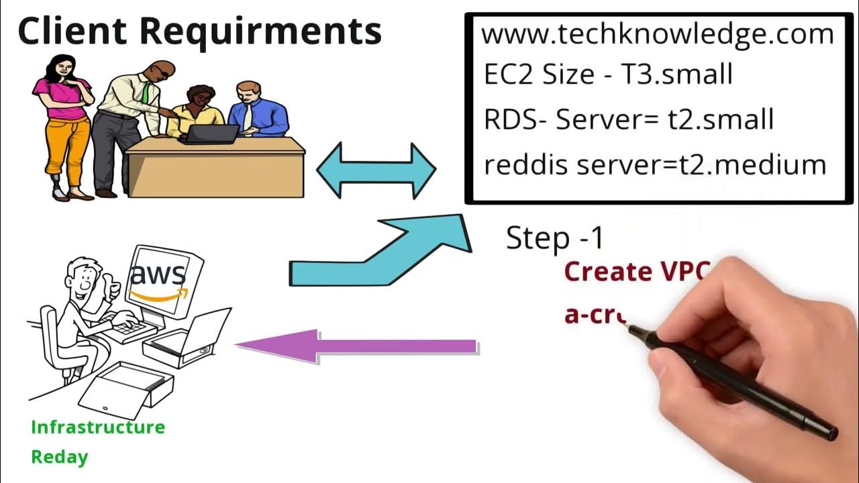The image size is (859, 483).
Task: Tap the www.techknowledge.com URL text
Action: [x=657, y=34]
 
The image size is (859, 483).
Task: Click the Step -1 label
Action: [x=554, y=238]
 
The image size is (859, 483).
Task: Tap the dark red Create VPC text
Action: [x=636, y=271]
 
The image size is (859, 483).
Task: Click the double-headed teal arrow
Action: [x=376, y=170]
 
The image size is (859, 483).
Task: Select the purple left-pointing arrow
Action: [x=356, y=346]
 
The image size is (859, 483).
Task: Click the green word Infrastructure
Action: [x=98, y=427]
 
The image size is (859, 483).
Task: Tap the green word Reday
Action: [x=60, y=458]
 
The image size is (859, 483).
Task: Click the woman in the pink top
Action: [x=62, y=121]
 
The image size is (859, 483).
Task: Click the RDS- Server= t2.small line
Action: [x=629, y=119]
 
